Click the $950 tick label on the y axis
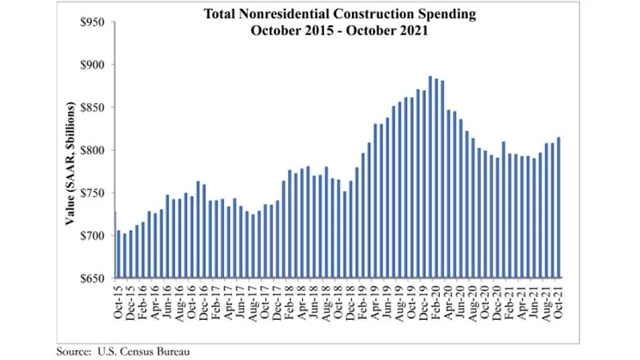point(91,22)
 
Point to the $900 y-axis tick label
point(91,65)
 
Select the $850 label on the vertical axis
point(91,107)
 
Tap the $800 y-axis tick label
point(91,150)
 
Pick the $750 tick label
point(91,193)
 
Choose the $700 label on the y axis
point(91,235)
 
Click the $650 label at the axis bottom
point(91,278)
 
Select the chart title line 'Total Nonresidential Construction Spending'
point(340,14)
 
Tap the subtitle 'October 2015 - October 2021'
point(340,30)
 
